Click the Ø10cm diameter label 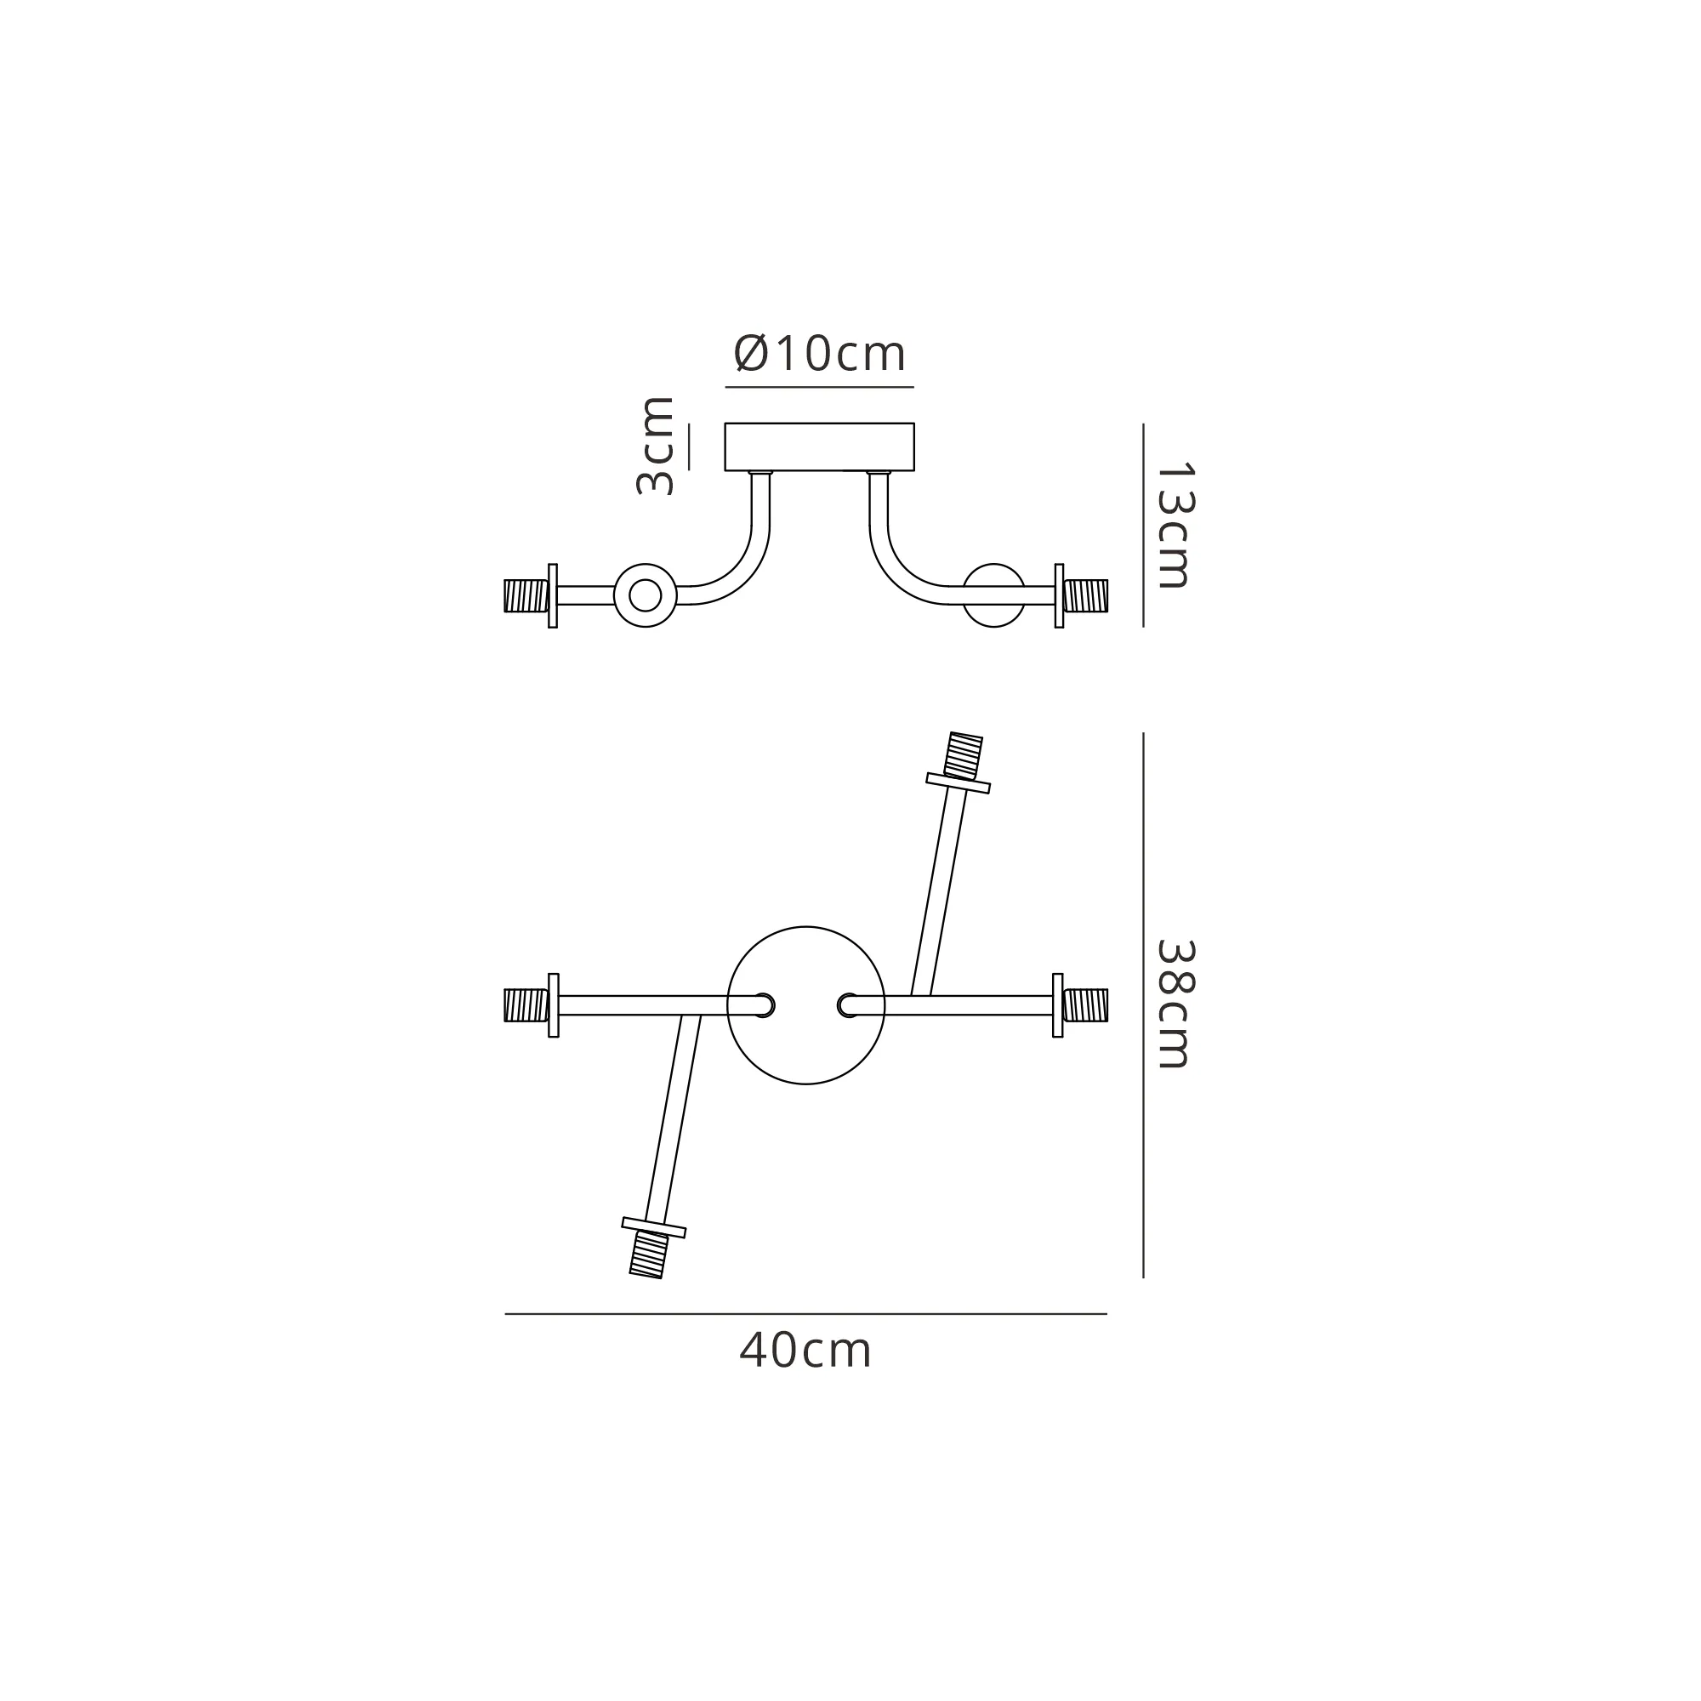(819, 354)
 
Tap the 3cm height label (655, 447)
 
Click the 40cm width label (805, 1351)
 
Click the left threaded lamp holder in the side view (526, 595)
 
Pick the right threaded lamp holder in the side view (1085, 595)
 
